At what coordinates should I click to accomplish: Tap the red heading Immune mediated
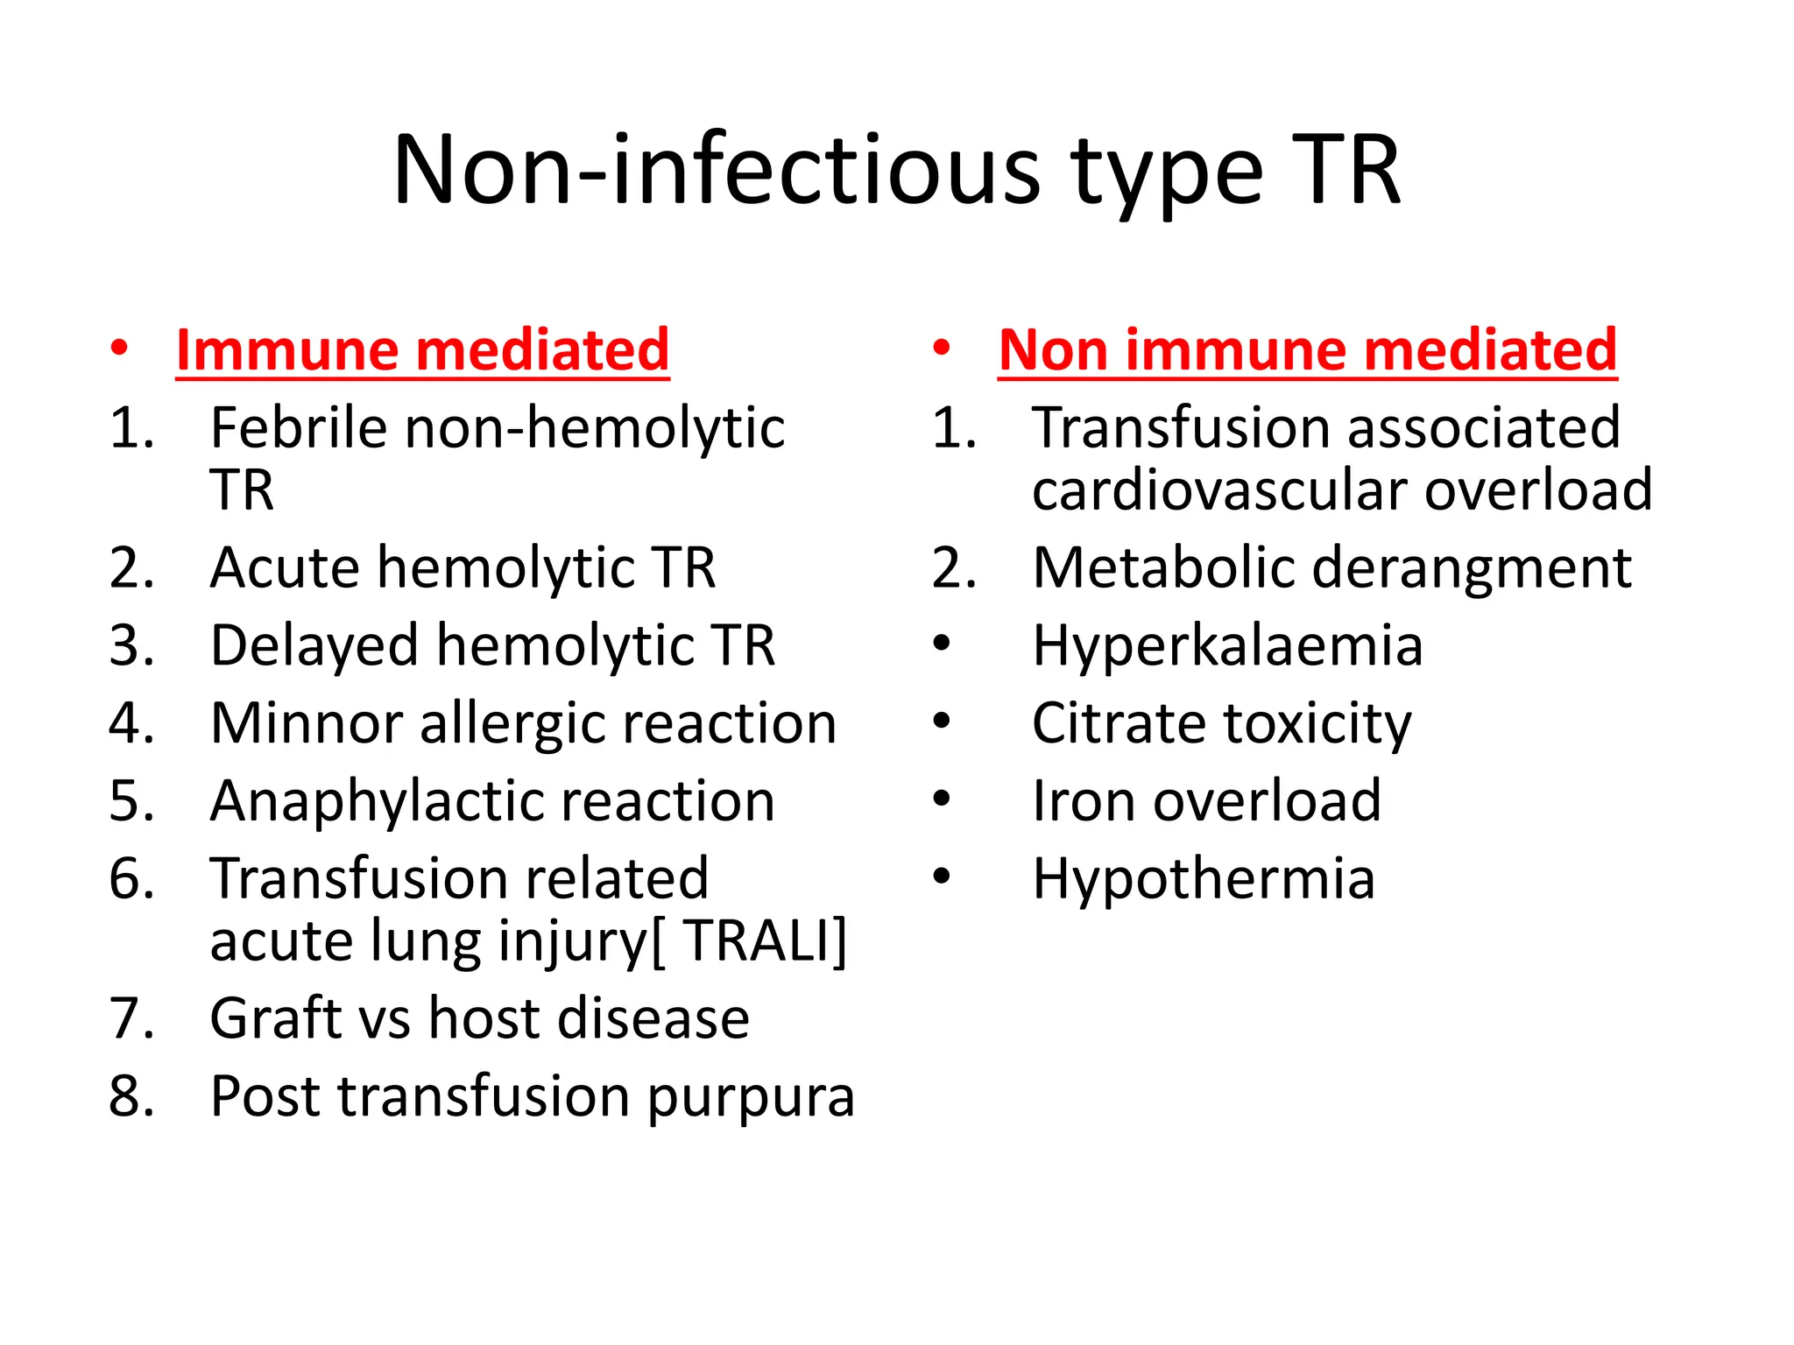[422, 350]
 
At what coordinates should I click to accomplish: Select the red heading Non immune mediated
[1307, 350]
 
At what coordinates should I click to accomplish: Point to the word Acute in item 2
[285, 567]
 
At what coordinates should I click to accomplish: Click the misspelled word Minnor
[306, 723]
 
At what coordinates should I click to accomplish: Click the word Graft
[274, 1018]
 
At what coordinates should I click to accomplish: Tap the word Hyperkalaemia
[1227, 646]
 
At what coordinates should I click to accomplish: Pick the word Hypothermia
[1204, 879]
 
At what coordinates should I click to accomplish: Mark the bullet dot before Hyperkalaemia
[942, 644]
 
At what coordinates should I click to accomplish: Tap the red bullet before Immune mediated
[120, 349]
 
